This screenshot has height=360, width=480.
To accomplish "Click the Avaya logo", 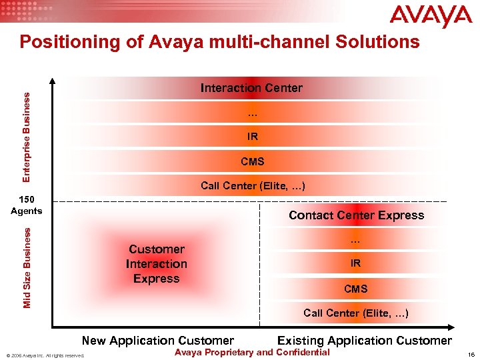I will pos(431,17).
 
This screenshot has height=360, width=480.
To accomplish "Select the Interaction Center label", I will pos(251,88).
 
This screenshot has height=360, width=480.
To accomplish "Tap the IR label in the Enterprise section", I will pos(252,137).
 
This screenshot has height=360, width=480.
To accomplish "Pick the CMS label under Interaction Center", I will pos(252,161).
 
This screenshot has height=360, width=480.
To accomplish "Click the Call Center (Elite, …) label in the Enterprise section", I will pos(253,186).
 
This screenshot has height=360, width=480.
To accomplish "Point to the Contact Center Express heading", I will pos(356,215).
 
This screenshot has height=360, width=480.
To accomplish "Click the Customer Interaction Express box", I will pos(157,264).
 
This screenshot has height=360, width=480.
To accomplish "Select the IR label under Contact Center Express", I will pos(355,263).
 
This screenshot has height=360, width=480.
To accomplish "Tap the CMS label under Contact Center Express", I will pos(355,289).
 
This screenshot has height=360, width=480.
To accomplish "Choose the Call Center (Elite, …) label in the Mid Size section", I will pos(355,313).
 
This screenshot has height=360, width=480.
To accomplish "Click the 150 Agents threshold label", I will pos(27,205).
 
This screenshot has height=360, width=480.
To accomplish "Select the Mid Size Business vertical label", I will pos(26,267).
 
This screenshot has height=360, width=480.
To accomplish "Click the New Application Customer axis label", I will pos(157,341).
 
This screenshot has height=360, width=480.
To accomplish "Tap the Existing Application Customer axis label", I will pos(364,341).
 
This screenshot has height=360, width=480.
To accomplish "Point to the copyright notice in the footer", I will pos(45,355).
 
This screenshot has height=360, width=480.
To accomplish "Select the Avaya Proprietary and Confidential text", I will pos(251,353).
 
